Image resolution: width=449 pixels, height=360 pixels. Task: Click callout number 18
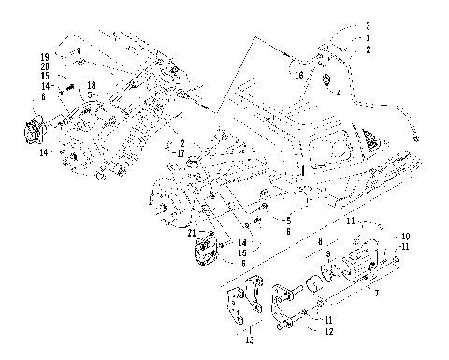coord(92,85)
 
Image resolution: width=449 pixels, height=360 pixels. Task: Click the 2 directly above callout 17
coord(182,144)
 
